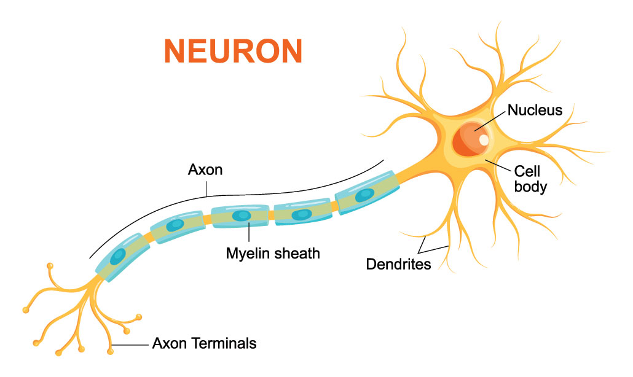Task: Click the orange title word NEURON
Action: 234,52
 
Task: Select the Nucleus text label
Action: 534,111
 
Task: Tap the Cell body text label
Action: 530,178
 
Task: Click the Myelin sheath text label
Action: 273,252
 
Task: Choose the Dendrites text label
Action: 398,265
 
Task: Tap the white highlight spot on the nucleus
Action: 484,140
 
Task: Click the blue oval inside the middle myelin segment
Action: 240,216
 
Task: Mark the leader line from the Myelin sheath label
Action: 248,233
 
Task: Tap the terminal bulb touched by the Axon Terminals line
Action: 111,352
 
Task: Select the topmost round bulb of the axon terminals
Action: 50,266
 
